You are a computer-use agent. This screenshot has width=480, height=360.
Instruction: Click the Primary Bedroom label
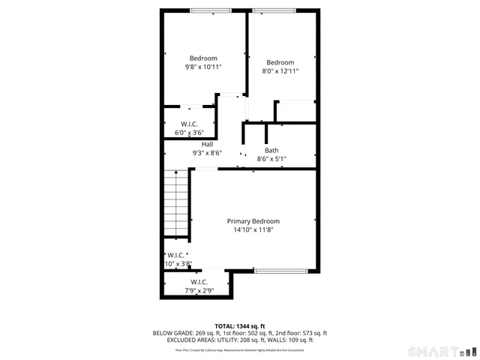(253, 221)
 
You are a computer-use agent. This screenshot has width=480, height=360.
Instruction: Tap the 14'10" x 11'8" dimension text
(253, 230)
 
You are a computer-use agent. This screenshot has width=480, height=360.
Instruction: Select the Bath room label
(271, 150)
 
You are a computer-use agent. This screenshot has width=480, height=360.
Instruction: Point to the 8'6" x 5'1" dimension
(271, 159)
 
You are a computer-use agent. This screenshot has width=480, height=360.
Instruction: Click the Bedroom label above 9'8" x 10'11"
(203, 58)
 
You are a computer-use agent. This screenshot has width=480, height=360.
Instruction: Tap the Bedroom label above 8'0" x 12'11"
(280, 62)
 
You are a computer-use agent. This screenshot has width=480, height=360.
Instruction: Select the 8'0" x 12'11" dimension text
(280, 71)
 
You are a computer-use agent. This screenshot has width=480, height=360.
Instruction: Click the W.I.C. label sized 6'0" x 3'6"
(189, 124)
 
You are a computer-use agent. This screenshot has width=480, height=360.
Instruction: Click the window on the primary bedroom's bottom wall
(280, 271)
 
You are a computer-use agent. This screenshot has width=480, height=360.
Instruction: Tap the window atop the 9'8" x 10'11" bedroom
(211, 10)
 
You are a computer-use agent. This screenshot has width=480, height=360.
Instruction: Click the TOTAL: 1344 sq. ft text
(240, 326)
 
